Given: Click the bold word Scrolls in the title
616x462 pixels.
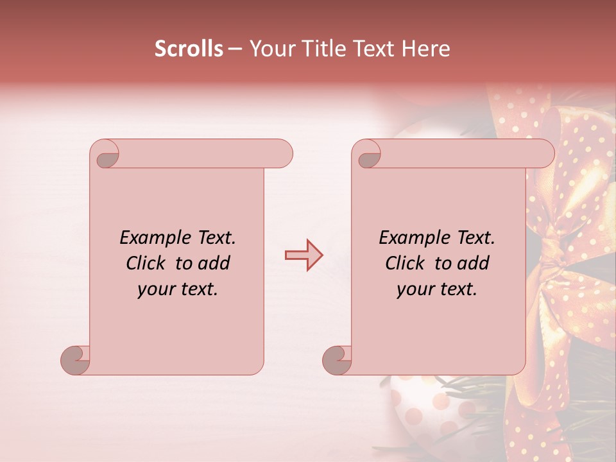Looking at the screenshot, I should tap(189, 49).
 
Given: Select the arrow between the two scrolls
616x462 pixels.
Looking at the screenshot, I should tap(304, 255).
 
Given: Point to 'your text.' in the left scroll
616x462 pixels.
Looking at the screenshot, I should tap(178, 289).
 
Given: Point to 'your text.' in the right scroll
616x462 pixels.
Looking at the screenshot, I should tap(437, 289).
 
